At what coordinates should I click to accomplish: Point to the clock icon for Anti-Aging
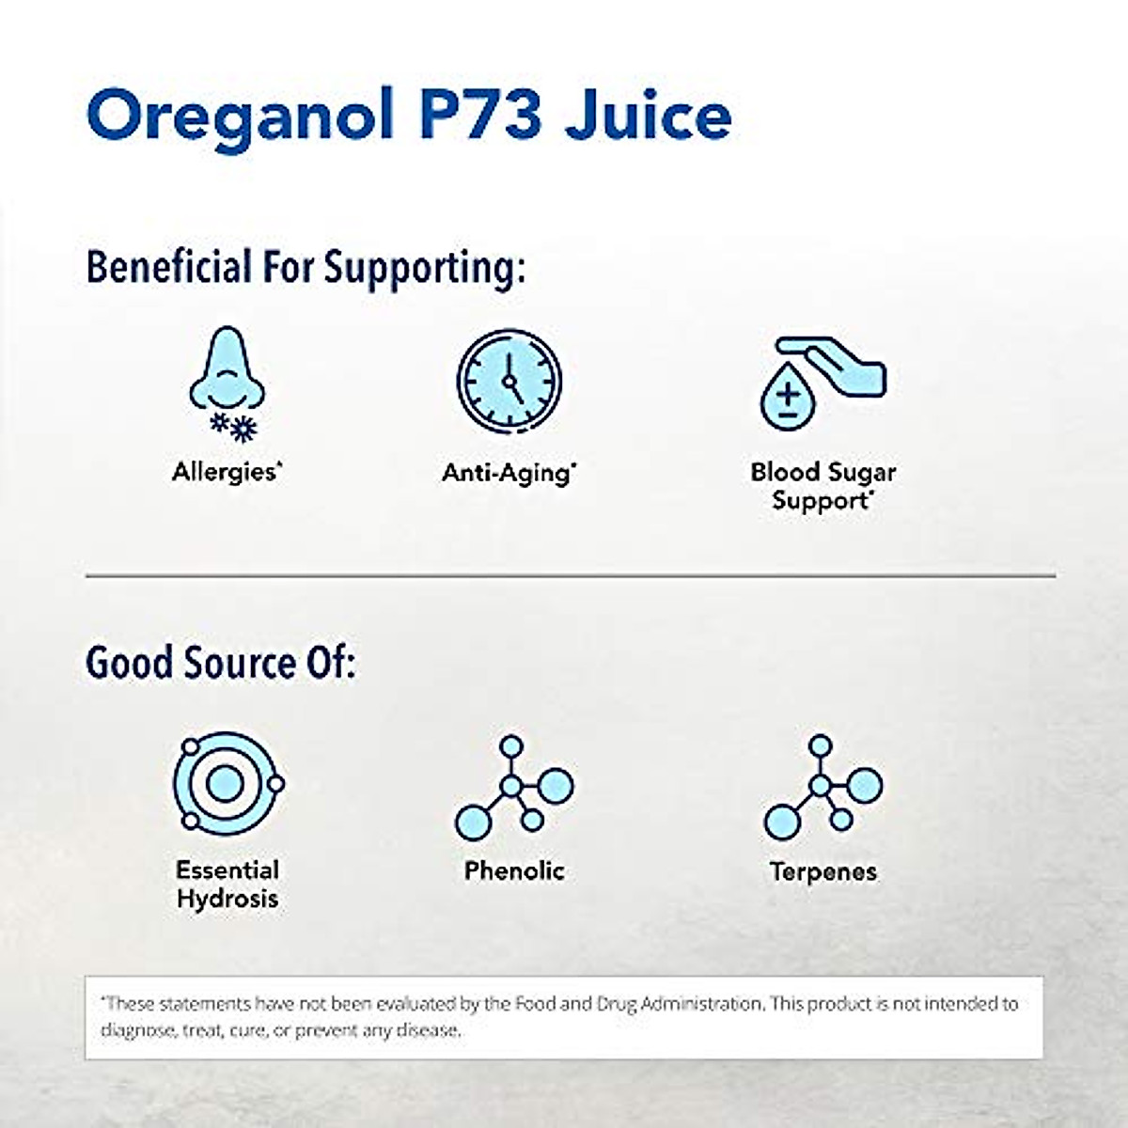(x=509, y=382)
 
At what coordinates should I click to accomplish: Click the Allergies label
(x=227, y=471)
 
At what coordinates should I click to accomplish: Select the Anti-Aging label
(x=509, y=472)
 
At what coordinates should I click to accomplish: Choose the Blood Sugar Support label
(x=822, y=486)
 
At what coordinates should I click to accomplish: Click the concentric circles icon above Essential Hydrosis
(x=227, y=783)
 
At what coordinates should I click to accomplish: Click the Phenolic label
(x=514, y=870)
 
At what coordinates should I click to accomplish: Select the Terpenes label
(x=822, y=871)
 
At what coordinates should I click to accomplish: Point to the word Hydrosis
(x=227, y=899)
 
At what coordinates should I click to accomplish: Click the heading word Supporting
(x=424, y=267)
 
